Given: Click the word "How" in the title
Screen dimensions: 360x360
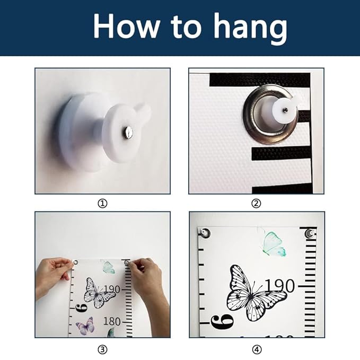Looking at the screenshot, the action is (127, 25).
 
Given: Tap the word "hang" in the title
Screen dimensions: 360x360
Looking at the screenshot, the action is (250, 28).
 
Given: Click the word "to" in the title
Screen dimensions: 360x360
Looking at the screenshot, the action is (186, 27).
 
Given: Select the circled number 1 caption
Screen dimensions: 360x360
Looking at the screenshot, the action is (102, 204).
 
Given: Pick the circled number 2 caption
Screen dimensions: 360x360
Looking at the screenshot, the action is (256, 204).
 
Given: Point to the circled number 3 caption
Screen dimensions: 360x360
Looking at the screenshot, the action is (102, 350).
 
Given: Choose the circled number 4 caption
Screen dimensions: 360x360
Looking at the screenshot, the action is (257, 350).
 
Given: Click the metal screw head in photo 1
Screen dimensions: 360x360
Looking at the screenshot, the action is (128, 132).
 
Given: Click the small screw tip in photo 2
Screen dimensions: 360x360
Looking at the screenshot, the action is (285, 110).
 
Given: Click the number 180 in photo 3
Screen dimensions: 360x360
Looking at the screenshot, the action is (112, 321).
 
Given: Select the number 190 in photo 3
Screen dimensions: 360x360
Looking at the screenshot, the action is (112, 289).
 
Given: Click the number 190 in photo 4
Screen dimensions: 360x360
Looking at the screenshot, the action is (279, 286).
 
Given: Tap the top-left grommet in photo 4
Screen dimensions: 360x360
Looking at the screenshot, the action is (205, 233).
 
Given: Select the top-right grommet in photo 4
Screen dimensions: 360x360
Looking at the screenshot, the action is (310, 233).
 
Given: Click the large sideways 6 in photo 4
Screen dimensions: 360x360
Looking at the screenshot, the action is (222, 322).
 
